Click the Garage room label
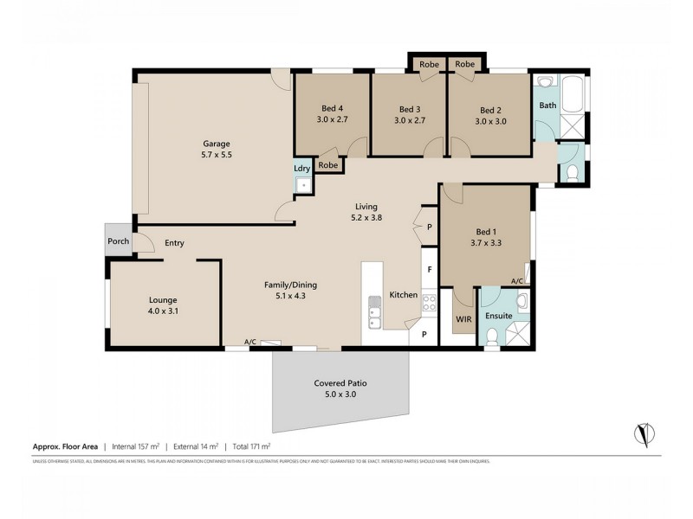217,144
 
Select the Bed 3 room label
410,109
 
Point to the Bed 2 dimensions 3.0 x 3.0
490,121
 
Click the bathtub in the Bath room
573,96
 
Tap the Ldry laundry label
302,168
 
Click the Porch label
119,241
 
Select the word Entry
174,243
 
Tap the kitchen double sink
374,312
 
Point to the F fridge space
430,268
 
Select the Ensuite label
498,316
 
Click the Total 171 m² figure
250,447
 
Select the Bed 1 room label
488,231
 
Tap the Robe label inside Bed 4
327,165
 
